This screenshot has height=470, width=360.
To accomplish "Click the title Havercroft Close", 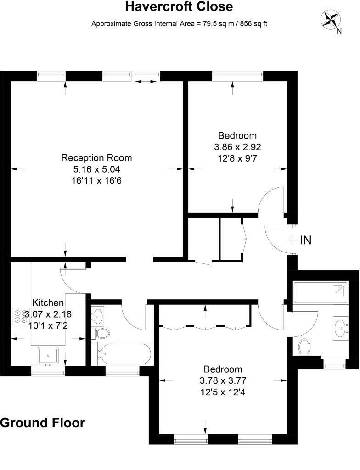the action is pyautogui.click(x=179, y=6).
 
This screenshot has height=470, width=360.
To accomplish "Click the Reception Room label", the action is pyautogui.click(x=96, y=158).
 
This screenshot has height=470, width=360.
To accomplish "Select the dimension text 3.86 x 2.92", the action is pyautogui.click(x=237, y=147).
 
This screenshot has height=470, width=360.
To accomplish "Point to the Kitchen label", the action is pyautogui.click(x=48, y=302).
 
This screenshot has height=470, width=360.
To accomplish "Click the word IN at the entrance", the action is pyautogui.click(x=306, y=240).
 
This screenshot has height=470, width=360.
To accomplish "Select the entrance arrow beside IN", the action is pyautogui.click(x=292, y=240).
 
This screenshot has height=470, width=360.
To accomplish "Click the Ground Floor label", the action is pyautogui.click(x=43, y=423).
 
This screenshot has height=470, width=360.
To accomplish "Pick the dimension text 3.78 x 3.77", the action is pyautogui.click(x=223, y=380).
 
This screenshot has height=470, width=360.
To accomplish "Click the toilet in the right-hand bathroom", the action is pyautogui.click(x=304, y=347).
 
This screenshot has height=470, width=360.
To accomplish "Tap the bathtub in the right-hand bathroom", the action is pyautogui.click(x=321, y=292).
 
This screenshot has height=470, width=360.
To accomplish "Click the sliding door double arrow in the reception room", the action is pyautogui.click(x=146, y=81).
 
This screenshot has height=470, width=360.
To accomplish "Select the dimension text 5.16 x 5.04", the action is pyautogui.click(x=96, y=169).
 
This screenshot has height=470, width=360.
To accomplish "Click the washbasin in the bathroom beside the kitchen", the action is pyautogui.click(x=97, y=316).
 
